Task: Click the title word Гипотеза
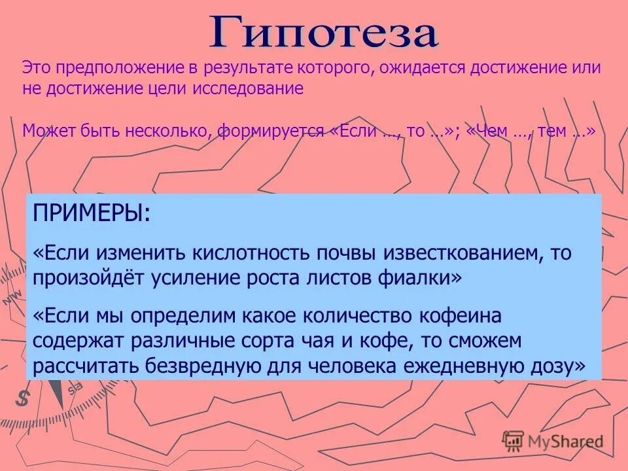click(323, 32)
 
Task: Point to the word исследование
click(248, 89)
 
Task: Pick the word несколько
click(164, 130)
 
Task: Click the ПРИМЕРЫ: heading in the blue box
click(91, 214)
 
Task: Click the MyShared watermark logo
click(553, 442)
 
